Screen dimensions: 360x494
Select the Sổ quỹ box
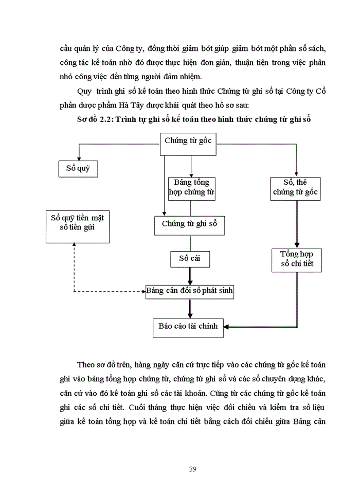tap(78, 169)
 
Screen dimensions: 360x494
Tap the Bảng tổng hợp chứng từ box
tap(191, 189)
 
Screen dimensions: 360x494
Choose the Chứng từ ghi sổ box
tap(189, 224)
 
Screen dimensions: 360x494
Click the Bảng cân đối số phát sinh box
tap(189, 291)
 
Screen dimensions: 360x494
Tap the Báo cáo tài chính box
tap(188, 327)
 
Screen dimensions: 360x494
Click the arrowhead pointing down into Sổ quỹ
tap(78, 158)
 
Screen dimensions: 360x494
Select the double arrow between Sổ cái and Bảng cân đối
tap(190, 275)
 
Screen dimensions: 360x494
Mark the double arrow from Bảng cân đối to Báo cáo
tap(189, 309)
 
